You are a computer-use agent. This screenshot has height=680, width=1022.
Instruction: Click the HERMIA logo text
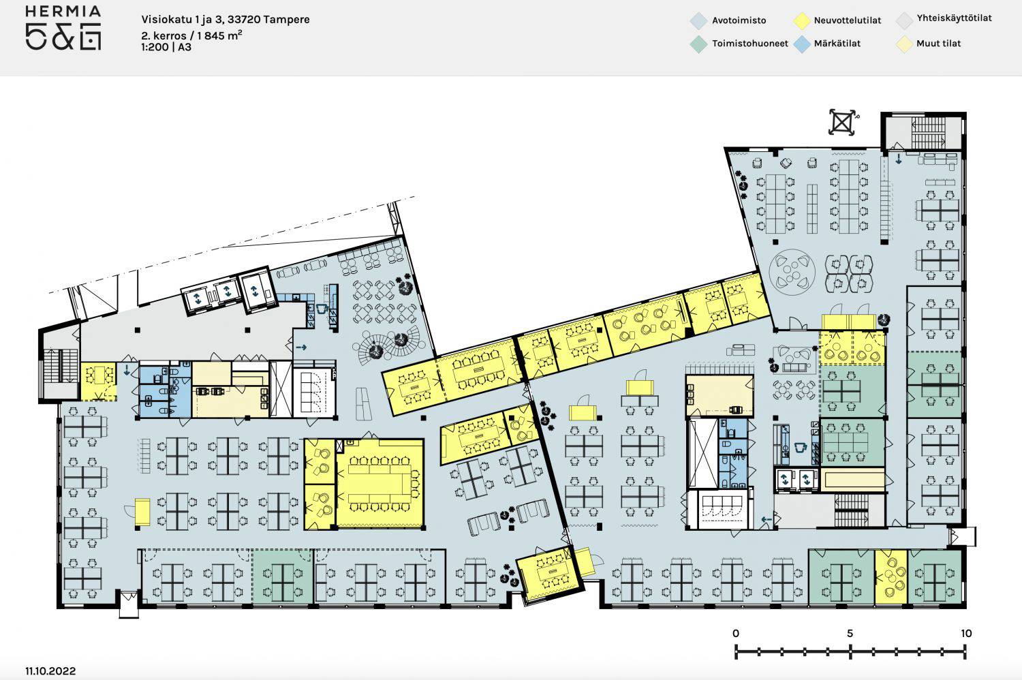[63, 11]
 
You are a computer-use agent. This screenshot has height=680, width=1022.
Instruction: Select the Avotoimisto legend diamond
[698, 20]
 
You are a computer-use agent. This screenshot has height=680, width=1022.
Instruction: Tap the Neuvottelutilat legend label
[848, 20]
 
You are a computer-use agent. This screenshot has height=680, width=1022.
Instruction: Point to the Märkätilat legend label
[837, 44]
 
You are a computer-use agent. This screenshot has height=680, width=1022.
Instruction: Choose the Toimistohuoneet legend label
[750, 44]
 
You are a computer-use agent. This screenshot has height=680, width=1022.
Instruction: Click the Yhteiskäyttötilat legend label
[954, 18]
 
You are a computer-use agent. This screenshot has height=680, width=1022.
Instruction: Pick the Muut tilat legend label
[938, 44]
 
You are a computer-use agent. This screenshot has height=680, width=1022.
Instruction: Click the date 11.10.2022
[50, 671]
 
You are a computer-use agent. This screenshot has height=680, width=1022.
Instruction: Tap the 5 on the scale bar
[850, 634]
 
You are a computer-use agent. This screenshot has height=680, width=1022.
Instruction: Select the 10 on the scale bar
[966, 634]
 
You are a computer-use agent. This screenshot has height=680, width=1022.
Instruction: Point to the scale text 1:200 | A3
[166, 47]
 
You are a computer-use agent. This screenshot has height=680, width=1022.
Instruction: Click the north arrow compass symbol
[842, 123]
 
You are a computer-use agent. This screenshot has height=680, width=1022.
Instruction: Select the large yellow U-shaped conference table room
[380, 484]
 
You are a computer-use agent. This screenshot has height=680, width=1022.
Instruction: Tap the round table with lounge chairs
[792, 272]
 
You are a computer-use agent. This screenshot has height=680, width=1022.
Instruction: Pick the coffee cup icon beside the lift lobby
[322, 309]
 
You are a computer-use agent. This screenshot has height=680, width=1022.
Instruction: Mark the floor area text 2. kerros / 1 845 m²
[191, 35]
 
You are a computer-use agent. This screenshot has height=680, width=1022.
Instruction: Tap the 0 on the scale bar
[735, 634]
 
